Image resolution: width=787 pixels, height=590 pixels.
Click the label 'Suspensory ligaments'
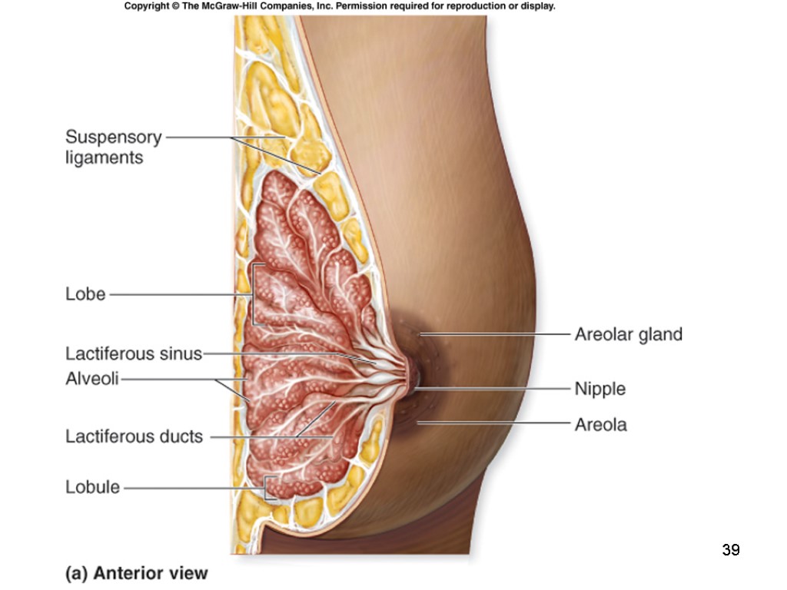click(x=113, y=147)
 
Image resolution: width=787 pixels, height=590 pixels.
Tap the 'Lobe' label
click(x=85, y=294)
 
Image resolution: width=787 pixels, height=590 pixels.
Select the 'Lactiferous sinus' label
click(x=133, y=354)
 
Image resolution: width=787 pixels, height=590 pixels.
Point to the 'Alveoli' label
click(x=91, y=379)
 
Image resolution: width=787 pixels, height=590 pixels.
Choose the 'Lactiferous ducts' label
click(x=134, y=437)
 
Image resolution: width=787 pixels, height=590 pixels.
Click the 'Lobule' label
click(x=92, y=487)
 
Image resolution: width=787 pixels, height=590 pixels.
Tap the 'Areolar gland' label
click(x=628, y=334)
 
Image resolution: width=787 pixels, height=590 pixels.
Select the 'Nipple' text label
click(x=599, y=389)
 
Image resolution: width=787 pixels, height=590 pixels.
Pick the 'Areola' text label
click(x=600, y=424)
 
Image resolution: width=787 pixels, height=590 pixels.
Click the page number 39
click(x=730, y=550)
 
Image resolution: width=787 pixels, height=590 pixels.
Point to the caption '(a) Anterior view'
click(x=136, y=573)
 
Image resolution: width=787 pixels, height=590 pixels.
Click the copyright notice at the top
click(x=339, y=6)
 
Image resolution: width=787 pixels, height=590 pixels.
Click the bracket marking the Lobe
click(x=253, y=294)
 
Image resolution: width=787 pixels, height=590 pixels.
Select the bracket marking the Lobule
click(x=266, y=487)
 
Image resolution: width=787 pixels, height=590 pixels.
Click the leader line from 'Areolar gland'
click(x=500, y=334)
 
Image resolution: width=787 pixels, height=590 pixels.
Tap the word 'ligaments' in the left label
click(x=104, y=158)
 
